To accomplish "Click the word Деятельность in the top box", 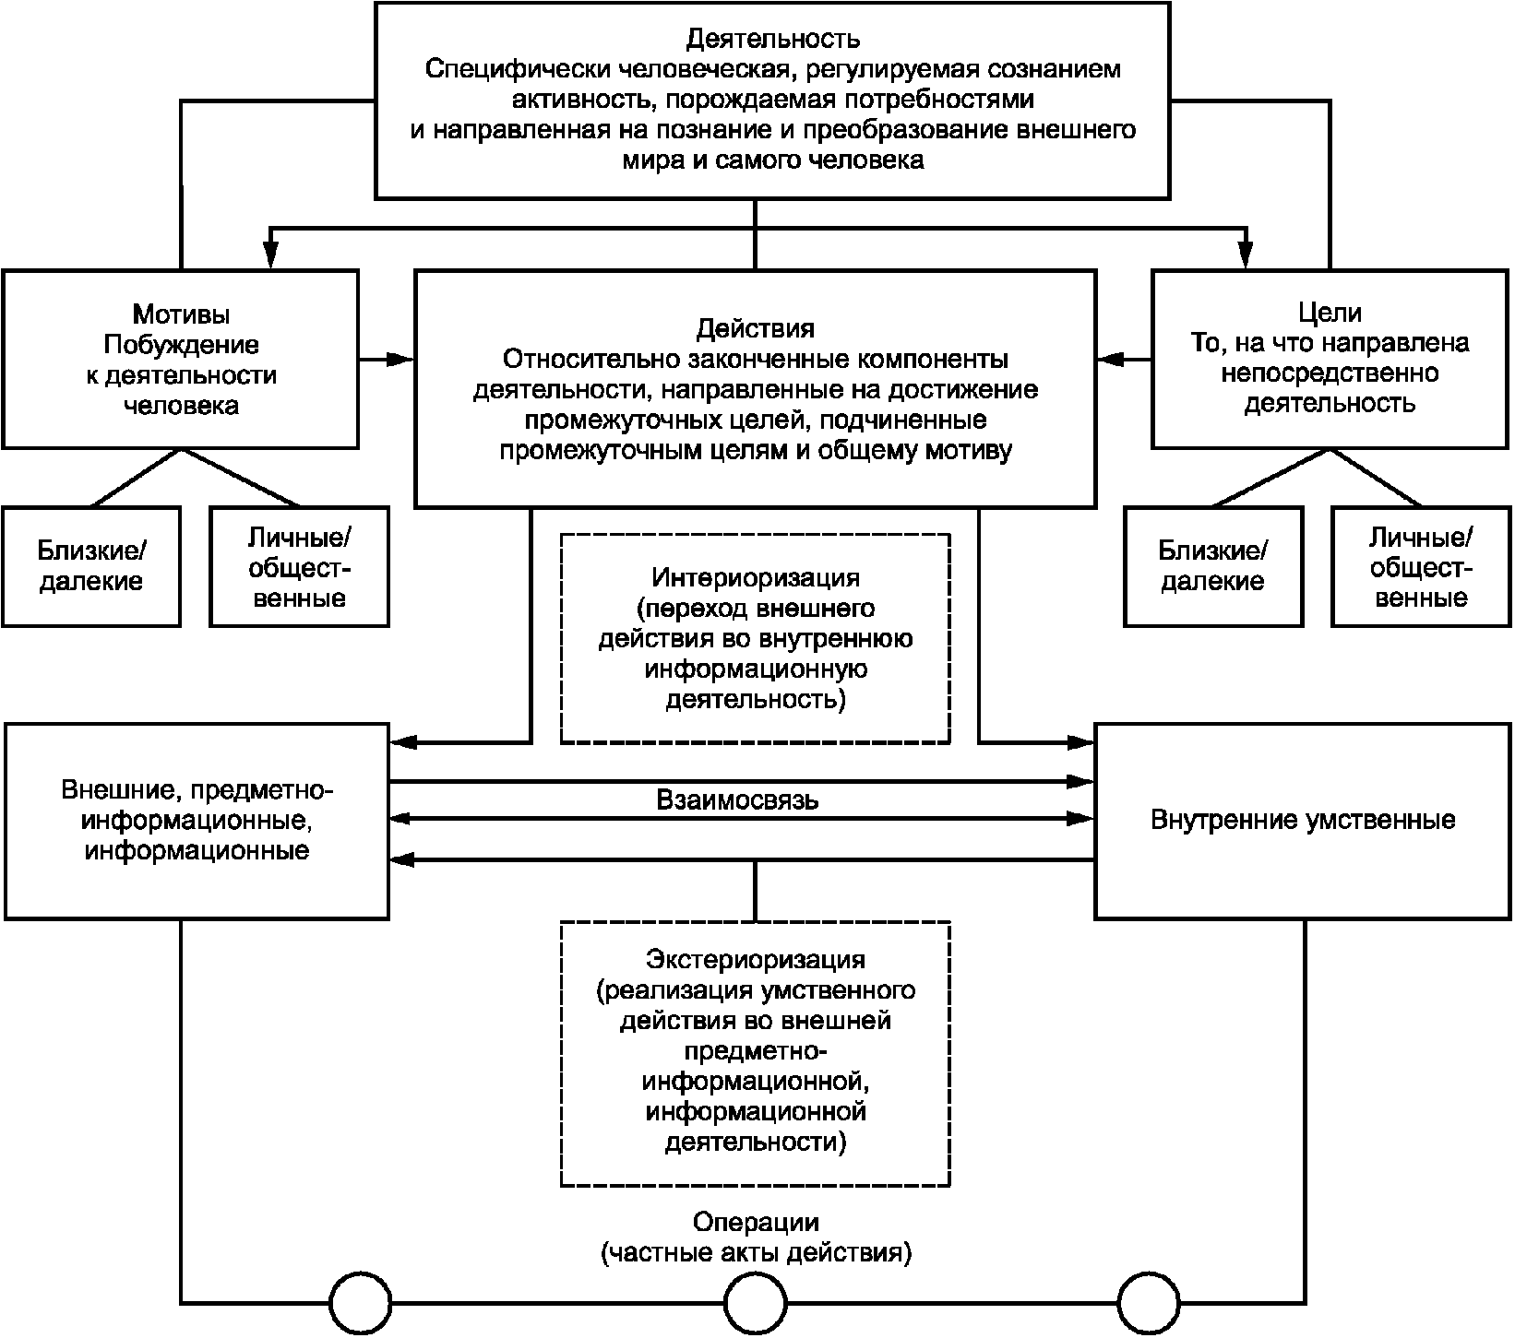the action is coord(773,39).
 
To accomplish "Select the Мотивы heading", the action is coord(181,314).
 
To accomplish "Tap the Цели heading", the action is coord(1330,314).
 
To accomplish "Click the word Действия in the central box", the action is coord(755,329).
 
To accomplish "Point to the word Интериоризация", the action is coord(756,578).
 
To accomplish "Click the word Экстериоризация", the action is coord(756,959).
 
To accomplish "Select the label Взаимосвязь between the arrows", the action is coord(737,799).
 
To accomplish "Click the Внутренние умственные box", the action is coord(1304,822).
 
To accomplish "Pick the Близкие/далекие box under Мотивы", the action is coord(91,566).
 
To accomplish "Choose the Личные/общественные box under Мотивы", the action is coord(300,566).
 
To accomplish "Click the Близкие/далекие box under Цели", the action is coord(1213,566).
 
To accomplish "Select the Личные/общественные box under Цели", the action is coord(1422,566).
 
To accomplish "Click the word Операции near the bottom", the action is coord(756,1223).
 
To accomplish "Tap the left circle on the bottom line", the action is coord(361,1303).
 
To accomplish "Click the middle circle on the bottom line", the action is coord(756,1303).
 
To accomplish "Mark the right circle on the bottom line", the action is coord(1150,1303).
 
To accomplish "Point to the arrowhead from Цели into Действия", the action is coord(1112,359).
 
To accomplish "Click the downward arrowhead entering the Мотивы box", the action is coord(270,255).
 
